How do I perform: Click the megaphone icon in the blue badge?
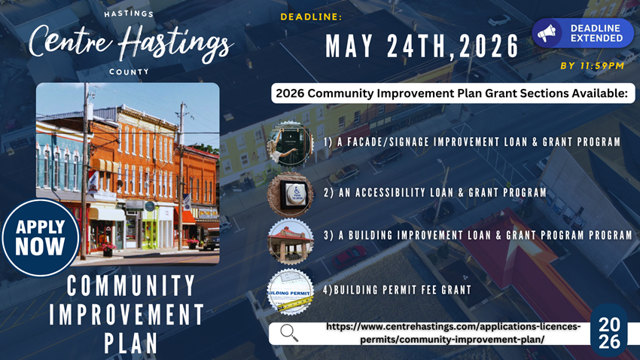(x=547, y=32)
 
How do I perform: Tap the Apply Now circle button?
(x=41, y=237)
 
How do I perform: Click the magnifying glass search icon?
(x=289, y=333)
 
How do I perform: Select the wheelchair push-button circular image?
(x=290, y=194)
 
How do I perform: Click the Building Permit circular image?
(x=290, y=291)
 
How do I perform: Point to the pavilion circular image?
(x=290, y=241)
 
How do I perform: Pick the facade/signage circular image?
(x=290, y=144)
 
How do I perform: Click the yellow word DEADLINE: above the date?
(x=311, y=17)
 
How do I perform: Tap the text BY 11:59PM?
(x=593, y=66)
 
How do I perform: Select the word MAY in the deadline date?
(x=349, y=46)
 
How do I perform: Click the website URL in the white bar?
(x=453, y=333)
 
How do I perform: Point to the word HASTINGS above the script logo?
(x=129, y=14)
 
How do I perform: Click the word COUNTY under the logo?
(x=129, y=72)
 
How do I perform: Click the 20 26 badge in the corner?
(x=609, y=332)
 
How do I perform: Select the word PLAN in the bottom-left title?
(x=131, y=343)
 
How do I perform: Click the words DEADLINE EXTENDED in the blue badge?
(x=596, y=33)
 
